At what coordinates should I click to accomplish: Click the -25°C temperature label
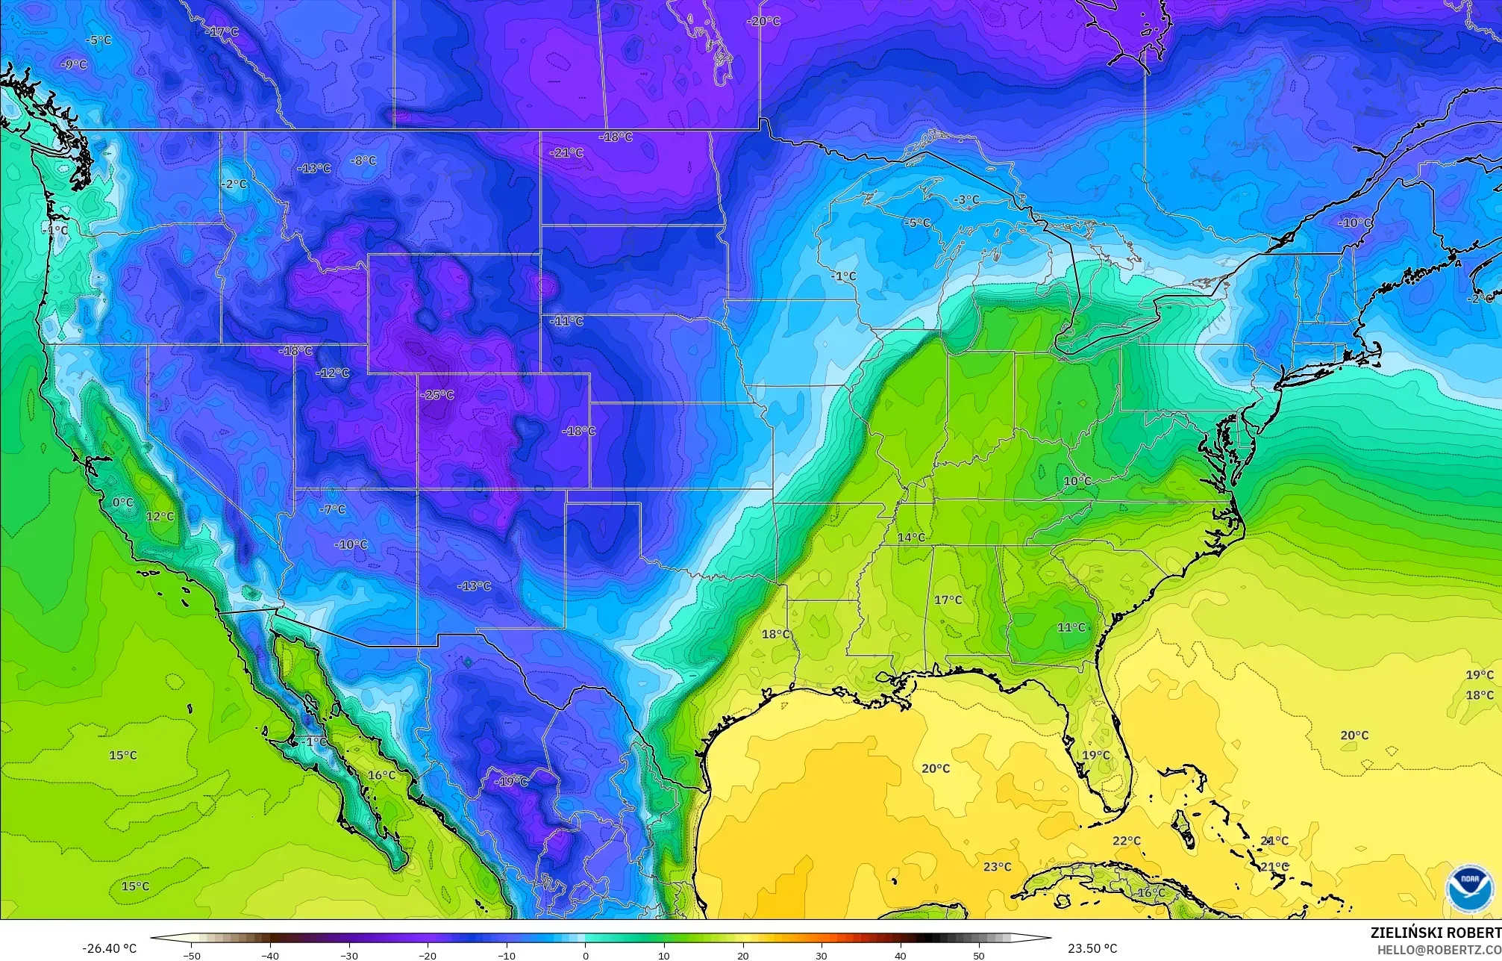point(437,394)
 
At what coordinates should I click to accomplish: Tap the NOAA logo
point(1469,889)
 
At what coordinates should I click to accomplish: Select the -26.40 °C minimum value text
point(109,948)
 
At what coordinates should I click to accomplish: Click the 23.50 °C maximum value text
point(1092,948)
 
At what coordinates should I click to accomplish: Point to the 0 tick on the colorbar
point(585,955)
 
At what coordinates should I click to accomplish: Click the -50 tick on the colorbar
point(192,955)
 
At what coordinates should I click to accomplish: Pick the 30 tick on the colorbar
point(821,955)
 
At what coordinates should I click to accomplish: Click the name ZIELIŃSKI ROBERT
point(1436,933)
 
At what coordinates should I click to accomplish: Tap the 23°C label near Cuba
point(997,867)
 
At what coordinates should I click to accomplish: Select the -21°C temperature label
point(567,152)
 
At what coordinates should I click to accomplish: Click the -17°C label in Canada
point(222,31)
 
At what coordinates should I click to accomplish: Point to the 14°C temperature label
point(911,538)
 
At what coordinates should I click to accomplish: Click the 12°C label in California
point(160,517)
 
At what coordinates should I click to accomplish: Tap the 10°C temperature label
point(1077,482)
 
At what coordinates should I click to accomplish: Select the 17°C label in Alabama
point(948,600)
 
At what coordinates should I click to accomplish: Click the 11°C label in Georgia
point(1071,628)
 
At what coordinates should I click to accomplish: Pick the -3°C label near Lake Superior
point(967,199)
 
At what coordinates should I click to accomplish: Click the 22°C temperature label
point(1127,841)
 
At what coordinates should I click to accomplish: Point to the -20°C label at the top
point(763,21)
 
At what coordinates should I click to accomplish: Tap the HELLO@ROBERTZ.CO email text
point(1439,949)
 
